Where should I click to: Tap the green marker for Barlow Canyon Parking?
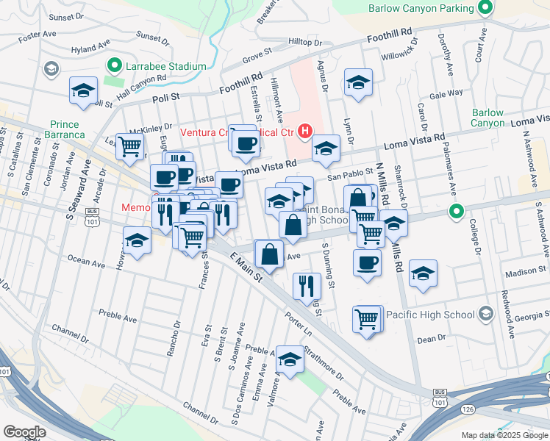point(485,9)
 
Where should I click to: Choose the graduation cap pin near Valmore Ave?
point(290,360)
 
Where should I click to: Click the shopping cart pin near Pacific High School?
point(367,319)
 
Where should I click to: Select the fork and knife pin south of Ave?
point(307,285)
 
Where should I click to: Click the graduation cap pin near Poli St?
point(83,90)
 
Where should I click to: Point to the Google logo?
point(24,432)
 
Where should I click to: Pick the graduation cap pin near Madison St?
point(423,274)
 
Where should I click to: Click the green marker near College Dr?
point(456,212)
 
